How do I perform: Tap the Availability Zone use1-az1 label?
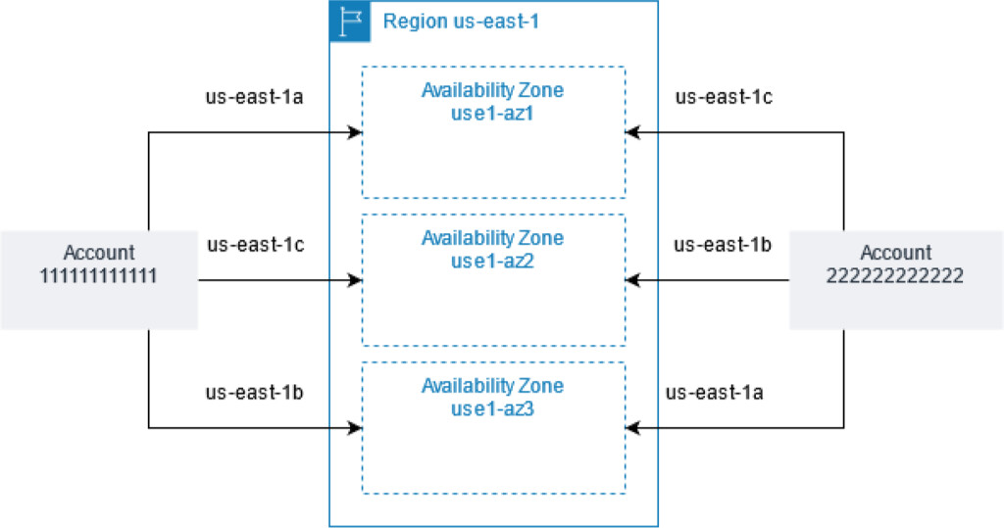point(492,100)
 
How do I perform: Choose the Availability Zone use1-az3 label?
point(492,398)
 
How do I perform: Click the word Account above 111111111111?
point(99,254)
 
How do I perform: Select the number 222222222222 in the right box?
point(895,276)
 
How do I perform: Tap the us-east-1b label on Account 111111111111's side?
point(254,393)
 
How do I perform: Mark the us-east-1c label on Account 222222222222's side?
point(724,97)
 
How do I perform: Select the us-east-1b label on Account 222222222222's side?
point(724,244)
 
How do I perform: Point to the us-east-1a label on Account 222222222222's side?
point(715,393)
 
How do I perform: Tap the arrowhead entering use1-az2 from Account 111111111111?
point(355,281)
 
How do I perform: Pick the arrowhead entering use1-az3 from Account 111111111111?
point(355,427)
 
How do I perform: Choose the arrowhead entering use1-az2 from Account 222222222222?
point(633,281)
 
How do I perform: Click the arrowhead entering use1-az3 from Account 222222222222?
point(633,427)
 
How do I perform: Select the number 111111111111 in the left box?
point(99,276)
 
